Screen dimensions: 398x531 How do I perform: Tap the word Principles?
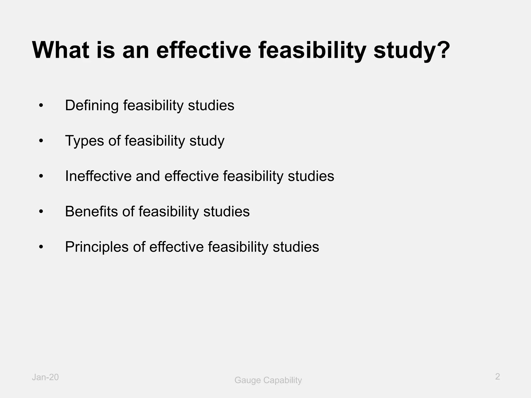[97, 247]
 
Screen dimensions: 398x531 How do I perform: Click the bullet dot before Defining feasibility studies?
[41, 106]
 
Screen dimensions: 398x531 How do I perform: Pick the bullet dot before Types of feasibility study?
[41, 141]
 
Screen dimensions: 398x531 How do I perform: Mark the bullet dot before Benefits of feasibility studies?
[41, 212]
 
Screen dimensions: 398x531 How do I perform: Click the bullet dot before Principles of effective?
[41, 247]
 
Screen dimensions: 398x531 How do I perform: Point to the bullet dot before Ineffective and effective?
[41, 176]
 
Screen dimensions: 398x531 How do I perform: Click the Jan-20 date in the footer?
[45, 377]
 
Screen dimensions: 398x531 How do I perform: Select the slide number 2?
[497, 376]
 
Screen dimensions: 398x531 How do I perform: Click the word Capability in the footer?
[283, 380]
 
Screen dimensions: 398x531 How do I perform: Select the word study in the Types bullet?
[207, 141]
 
